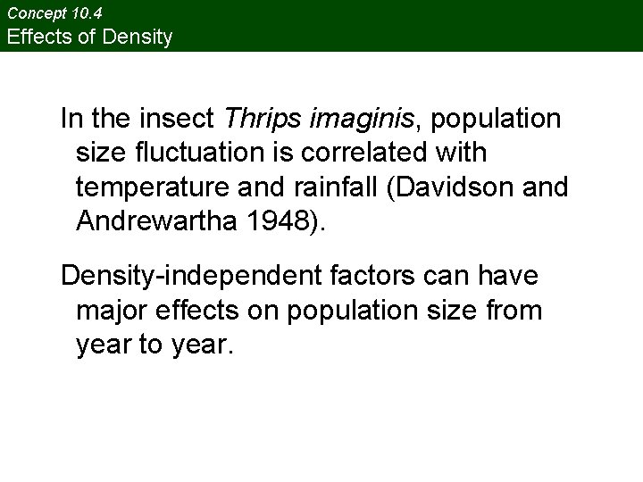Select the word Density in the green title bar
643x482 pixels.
click(138, 37)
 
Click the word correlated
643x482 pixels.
click(374, 153)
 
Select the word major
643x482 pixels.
click(112, 311)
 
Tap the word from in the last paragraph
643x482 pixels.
click(516, 311)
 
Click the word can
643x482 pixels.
click(442, 276)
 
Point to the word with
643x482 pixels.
click(463, 153)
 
